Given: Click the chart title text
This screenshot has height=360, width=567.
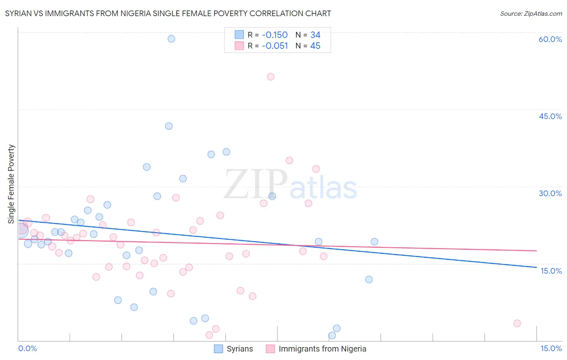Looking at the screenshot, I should pyautogui.click(x=168, y=13).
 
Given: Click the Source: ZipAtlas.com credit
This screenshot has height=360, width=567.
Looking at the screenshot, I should pyautogui.click(x=531, y=13).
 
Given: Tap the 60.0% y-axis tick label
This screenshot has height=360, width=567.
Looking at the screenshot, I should pyautogui.click(x=550, y=39).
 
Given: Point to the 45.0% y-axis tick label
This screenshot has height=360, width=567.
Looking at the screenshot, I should pyautogui.click(x=550, y=116).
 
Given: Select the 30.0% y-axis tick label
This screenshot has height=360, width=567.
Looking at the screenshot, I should pyautogui.click(x=550, y=193).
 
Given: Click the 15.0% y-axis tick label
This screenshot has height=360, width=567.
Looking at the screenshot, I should pyautogui.click(x=551, y=271).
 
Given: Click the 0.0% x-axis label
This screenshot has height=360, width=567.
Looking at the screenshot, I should pyautogui.click(x=27, y=348).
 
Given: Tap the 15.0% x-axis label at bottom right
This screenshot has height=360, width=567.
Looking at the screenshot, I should pyautogui.click(x=551, y=348).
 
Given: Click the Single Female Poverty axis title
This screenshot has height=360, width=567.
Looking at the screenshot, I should pyautogui.click(x=11, y=184).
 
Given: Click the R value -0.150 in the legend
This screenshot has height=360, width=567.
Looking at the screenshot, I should pyautogui.click(x=275, y=35).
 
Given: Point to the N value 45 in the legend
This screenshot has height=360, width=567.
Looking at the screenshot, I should pyautogui.click(x=315, y=46).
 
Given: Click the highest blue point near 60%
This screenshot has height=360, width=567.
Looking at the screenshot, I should pyautogui.click(x=171, y=39).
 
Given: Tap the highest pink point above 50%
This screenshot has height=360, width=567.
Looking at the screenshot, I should pyautogui.click(x=271, y=77).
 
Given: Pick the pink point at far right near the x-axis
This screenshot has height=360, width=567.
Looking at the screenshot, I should pyautogui.click(x=517, y=323).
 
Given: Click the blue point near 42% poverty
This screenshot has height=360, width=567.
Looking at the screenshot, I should pyautogui.click(x=169, y=126).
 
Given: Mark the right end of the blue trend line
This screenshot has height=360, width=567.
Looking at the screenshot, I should pyautogui.click(x=536, y=267).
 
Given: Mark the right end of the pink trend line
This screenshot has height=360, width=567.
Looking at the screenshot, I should pyautogui.click(x=536, y=251).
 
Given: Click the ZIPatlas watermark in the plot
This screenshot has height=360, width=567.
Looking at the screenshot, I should pyautogui.click(x=290, y=184).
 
